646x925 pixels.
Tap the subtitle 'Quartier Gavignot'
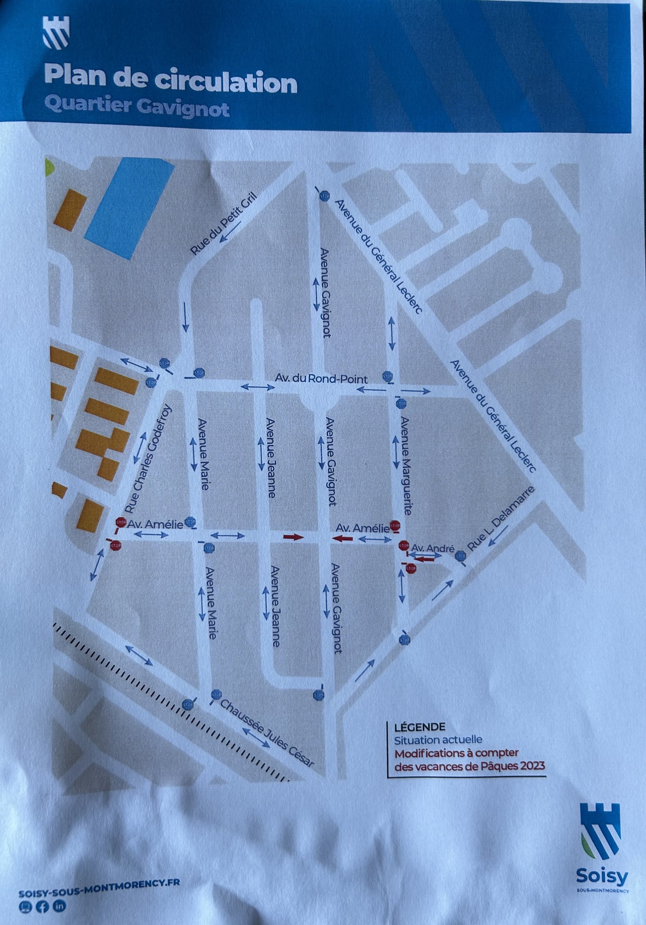pos(137,107)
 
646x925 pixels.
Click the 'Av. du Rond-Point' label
pos(321,378)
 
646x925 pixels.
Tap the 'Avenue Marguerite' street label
pos(406,466)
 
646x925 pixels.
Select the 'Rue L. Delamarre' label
pos(501,518)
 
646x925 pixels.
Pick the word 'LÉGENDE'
pos(419,727)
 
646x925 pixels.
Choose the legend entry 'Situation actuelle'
pos(438,740)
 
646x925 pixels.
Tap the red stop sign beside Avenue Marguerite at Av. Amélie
pos(395,525)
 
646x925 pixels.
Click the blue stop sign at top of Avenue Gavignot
pos(325,196)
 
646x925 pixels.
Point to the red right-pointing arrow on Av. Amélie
pos(293,537)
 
